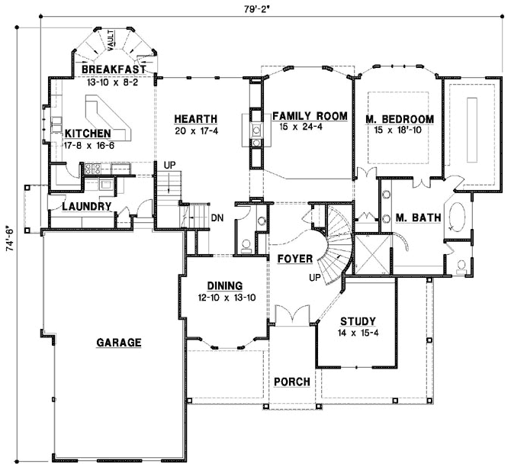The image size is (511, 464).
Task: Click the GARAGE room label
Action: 118,343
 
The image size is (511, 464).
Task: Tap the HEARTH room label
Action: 196,119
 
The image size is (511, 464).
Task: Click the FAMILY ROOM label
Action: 310,116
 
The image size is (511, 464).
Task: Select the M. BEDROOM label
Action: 399,119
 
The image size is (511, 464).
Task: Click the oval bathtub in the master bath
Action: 458,217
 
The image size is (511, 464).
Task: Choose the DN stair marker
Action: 217,217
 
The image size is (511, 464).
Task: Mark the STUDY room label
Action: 358,321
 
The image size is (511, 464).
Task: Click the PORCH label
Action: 291,382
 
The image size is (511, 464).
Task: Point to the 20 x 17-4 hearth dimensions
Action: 196,130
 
